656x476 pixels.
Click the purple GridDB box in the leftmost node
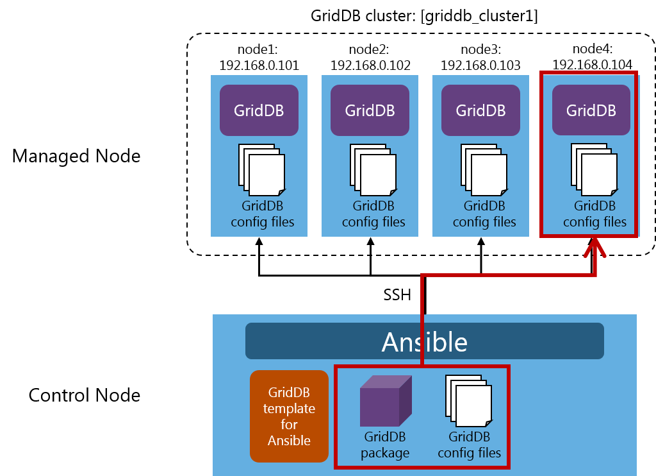259,110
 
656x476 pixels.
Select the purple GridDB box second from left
370,110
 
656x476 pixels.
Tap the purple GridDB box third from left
480,110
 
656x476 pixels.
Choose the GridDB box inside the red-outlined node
591,110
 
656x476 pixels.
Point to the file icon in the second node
373,170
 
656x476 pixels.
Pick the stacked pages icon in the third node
484,170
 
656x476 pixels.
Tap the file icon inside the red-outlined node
594,170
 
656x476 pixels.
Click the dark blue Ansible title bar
424,341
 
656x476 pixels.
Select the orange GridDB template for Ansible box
289,416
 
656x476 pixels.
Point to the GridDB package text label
385,445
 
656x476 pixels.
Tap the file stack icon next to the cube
468,402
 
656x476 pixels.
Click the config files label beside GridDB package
469,445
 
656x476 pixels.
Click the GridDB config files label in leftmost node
262,214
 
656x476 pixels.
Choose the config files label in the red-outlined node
594,214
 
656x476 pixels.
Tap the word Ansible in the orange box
289,441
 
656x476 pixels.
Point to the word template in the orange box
289,409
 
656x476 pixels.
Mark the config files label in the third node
484,214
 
